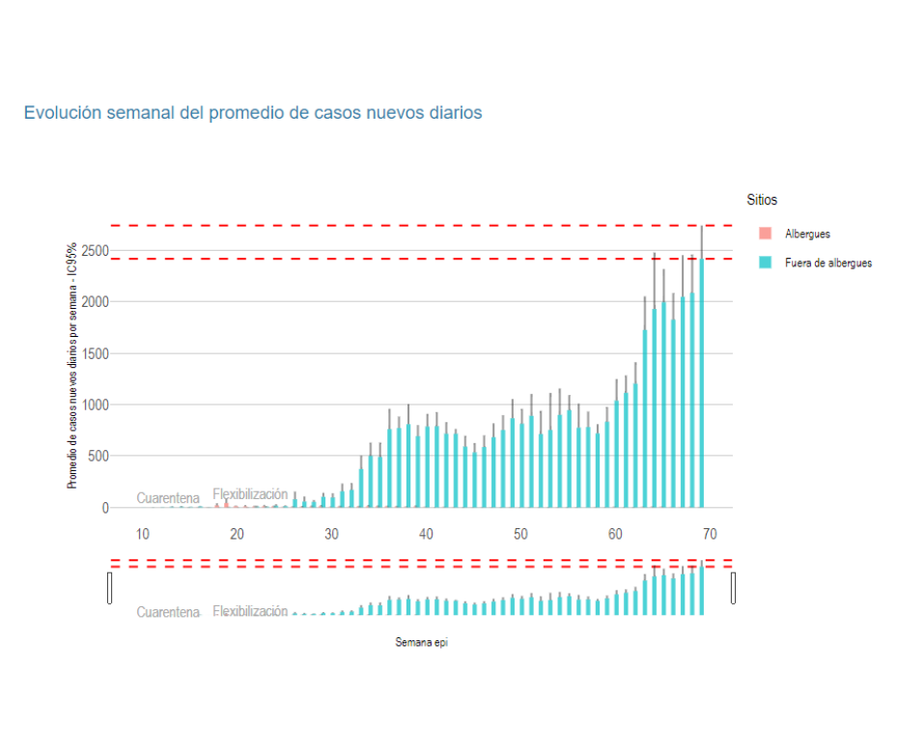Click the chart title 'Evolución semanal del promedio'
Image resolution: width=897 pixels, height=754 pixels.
[x=253, y=113]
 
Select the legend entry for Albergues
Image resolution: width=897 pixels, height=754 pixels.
[x=807, y=234]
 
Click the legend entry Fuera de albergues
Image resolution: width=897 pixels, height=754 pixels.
[x=827, y=263]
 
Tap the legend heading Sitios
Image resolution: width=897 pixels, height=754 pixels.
[x=762, y=200]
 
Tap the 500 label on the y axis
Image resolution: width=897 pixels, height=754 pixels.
[x=98, y=456]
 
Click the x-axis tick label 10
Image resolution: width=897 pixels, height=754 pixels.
[x=142, y=534]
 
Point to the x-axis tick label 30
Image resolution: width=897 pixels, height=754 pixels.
[x=331, y=534]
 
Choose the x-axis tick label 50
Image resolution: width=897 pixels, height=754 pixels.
[x=520, y=534]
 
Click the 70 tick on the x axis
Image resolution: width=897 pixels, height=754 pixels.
[x=710, y=534]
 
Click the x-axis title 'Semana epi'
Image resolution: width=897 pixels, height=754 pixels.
[x=421, y=642]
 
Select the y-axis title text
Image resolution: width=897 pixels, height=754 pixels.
[x=72, y=366]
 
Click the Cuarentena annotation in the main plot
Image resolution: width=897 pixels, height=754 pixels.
[x=168, y=498]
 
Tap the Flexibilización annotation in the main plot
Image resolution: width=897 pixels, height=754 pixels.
[x=250, y=494]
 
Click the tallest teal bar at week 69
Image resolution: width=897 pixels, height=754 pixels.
[x=702, y=386]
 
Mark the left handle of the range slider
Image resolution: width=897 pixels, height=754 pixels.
[x=110, y=587]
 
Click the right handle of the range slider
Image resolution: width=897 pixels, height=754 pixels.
[x=734, y=587]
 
